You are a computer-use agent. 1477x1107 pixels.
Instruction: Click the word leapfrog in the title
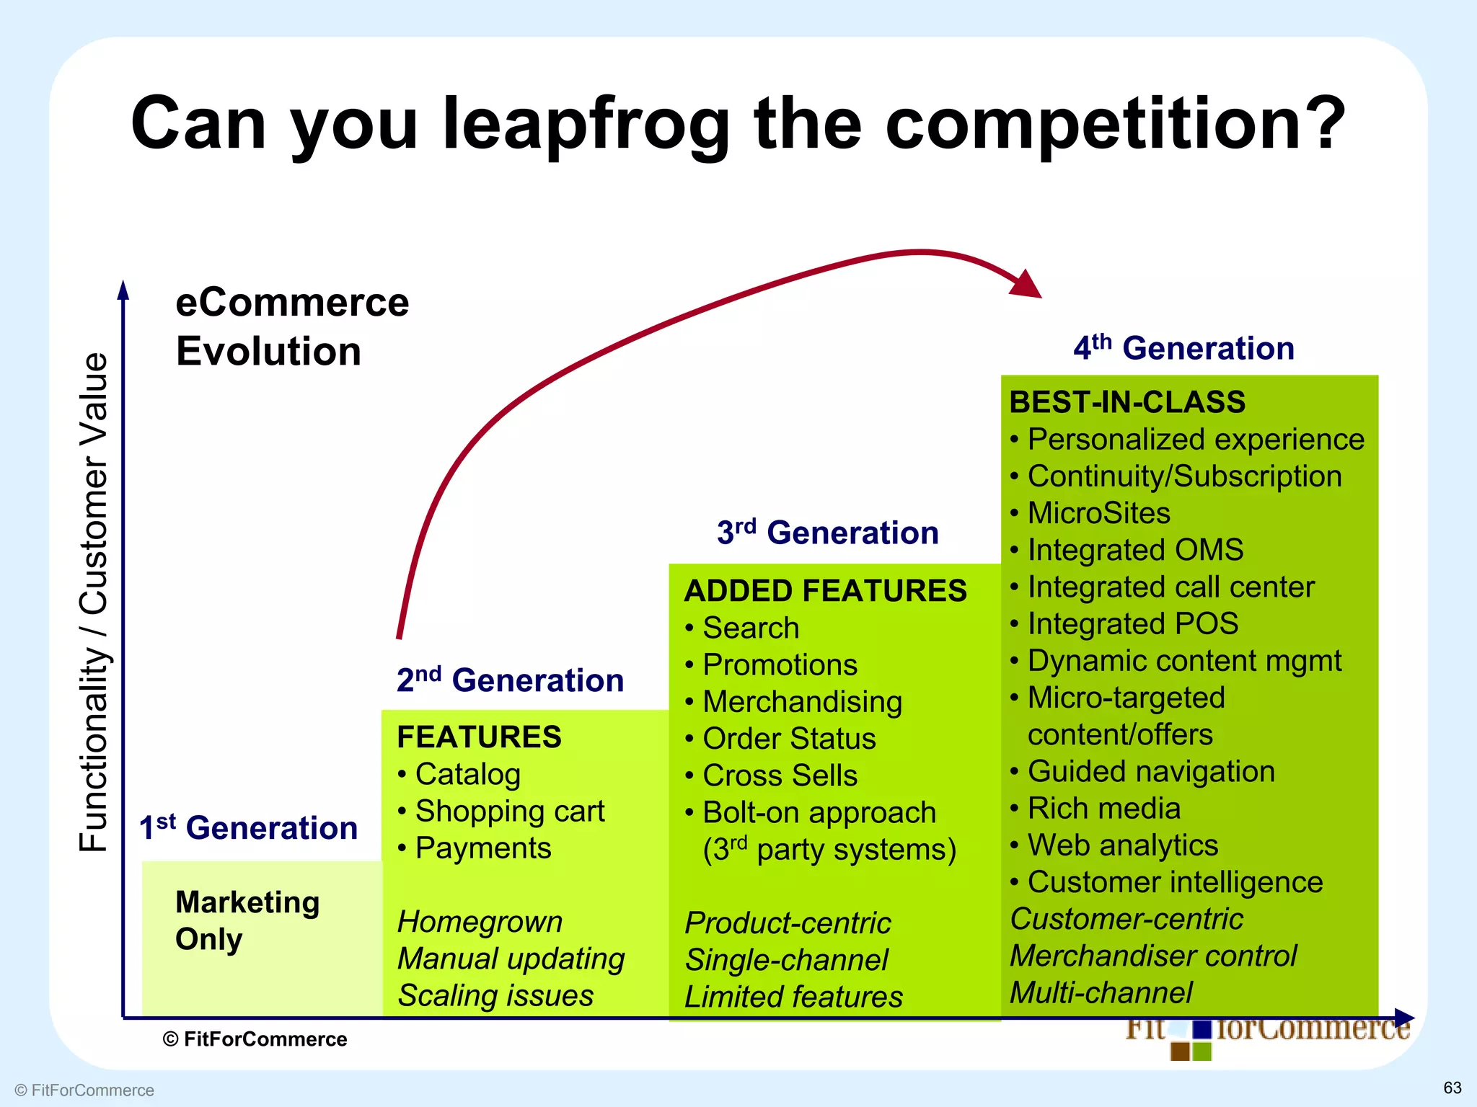click(586, 124)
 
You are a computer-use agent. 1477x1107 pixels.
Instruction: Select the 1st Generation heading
click(248, 827)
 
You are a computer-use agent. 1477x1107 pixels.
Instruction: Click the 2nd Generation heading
click(510, 680)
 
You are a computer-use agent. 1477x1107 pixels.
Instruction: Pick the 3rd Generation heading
click(827, 533)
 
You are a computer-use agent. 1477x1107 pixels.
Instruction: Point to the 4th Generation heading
click(1183, 348)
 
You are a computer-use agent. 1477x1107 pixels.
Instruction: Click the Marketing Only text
click(246, 920)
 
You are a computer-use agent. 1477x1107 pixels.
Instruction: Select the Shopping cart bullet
click(509, 812)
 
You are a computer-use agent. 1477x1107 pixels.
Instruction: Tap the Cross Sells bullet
click(780, 775)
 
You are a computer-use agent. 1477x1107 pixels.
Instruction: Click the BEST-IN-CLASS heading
click(1127, 402)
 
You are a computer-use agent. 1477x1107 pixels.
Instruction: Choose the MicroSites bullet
click(1098, 513)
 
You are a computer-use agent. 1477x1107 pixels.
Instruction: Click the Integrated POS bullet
click(1132, 623)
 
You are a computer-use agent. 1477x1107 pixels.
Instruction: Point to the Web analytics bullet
click(1122, 845)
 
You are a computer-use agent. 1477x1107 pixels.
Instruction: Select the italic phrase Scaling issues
click(495, 995)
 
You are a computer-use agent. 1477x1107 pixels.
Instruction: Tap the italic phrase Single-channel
click(786, 960)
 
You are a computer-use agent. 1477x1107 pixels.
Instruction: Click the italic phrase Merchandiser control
click(1152, 956)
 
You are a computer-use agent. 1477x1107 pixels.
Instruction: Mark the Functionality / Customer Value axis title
click(94, 602)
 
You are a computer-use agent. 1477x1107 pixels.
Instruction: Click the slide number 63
click(1452, 1088)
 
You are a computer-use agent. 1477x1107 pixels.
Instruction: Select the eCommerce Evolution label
click(291, 326)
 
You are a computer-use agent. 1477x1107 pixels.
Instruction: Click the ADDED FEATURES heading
click(825, 591)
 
